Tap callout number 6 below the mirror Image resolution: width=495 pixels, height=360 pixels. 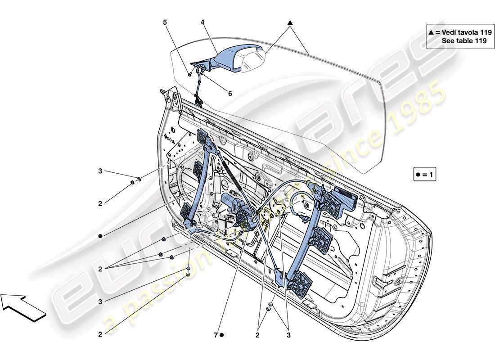(x=230, y=94)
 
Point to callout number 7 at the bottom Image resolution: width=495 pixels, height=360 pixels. (x=216, y=335)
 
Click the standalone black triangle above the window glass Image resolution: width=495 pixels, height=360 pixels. (x=290, y=22)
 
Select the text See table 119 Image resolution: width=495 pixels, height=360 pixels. (x=464, y=40)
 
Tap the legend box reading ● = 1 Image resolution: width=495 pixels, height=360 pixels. (x=425, y=174)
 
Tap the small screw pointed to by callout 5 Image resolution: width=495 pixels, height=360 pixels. (x=191, y=73)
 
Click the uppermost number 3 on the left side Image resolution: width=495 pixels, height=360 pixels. (x=101, y=171)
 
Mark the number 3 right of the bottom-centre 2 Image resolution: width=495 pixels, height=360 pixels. (x=288, y=335)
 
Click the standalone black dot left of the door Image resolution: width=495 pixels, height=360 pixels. (x=101, y=236)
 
